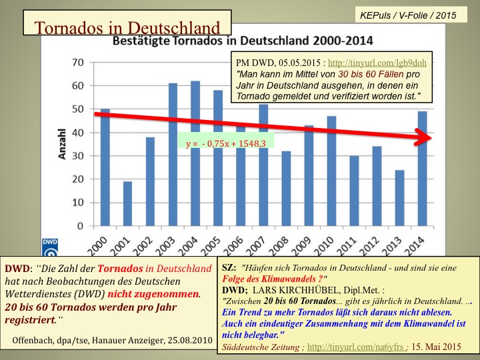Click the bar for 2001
127,205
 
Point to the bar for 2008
286,189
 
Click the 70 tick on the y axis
79,62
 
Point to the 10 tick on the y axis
79,203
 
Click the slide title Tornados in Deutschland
127,28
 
